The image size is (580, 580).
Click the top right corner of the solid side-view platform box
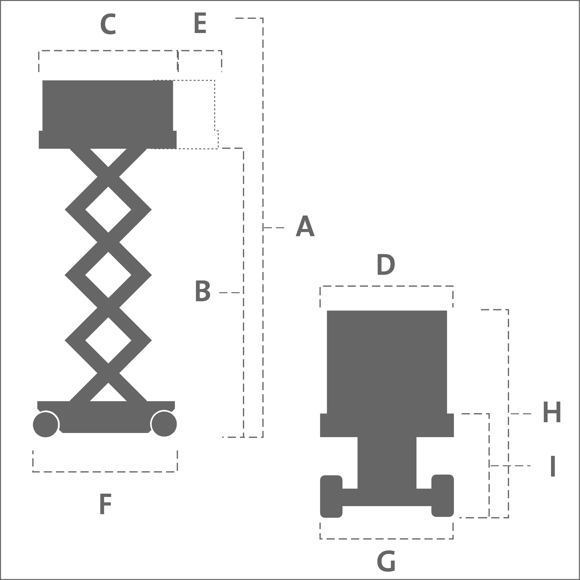click(173, 80)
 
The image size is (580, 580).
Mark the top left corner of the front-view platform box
click(327, 311)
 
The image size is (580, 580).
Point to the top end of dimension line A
click(263, 18)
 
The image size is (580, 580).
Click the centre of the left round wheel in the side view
click(46, 425)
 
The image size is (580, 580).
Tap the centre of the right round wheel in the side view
click(164, 424)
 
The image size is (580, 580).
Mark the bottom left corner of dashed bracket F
click(33, 472)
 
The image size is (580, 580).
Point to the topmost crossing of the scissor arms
click(108, 177)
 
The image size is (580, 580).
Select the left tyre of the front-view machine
click(331, 497)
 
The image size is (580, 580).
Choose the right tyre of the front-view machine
click(443, 496)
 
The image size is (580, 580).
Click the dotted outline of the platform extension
click(215, 105)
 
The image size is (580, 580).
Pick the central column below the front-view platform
click(387, 463)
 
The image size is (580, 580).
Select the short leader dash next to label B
click(229, 292)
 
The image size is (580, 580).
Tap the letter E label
click(200, 23)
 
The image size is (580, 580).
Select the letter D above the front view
click(386, 264)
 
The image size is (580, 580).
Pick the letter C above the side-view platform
click(108, 24)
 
